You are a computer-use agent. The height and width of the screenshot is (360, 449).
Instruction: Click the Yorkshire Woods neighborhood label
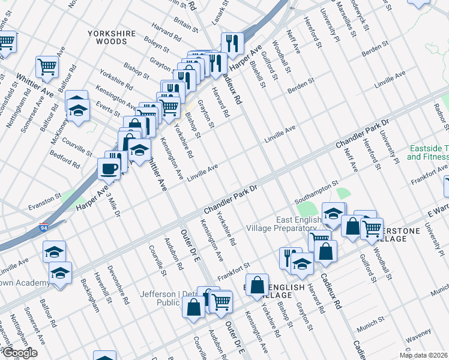(108, 37)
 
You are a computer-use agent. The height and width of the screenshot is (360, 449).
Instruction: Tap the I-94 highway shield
(44, 228)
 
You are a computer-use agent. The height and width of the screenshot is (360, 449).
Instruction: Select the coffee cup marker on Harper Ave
(109, 168)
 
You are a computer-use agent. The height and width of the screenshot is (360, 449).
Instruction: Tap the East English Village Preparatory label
(282, 224)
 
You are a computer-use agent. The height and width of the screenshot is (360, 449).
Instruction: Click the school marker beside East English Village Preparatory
(333, 212)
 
